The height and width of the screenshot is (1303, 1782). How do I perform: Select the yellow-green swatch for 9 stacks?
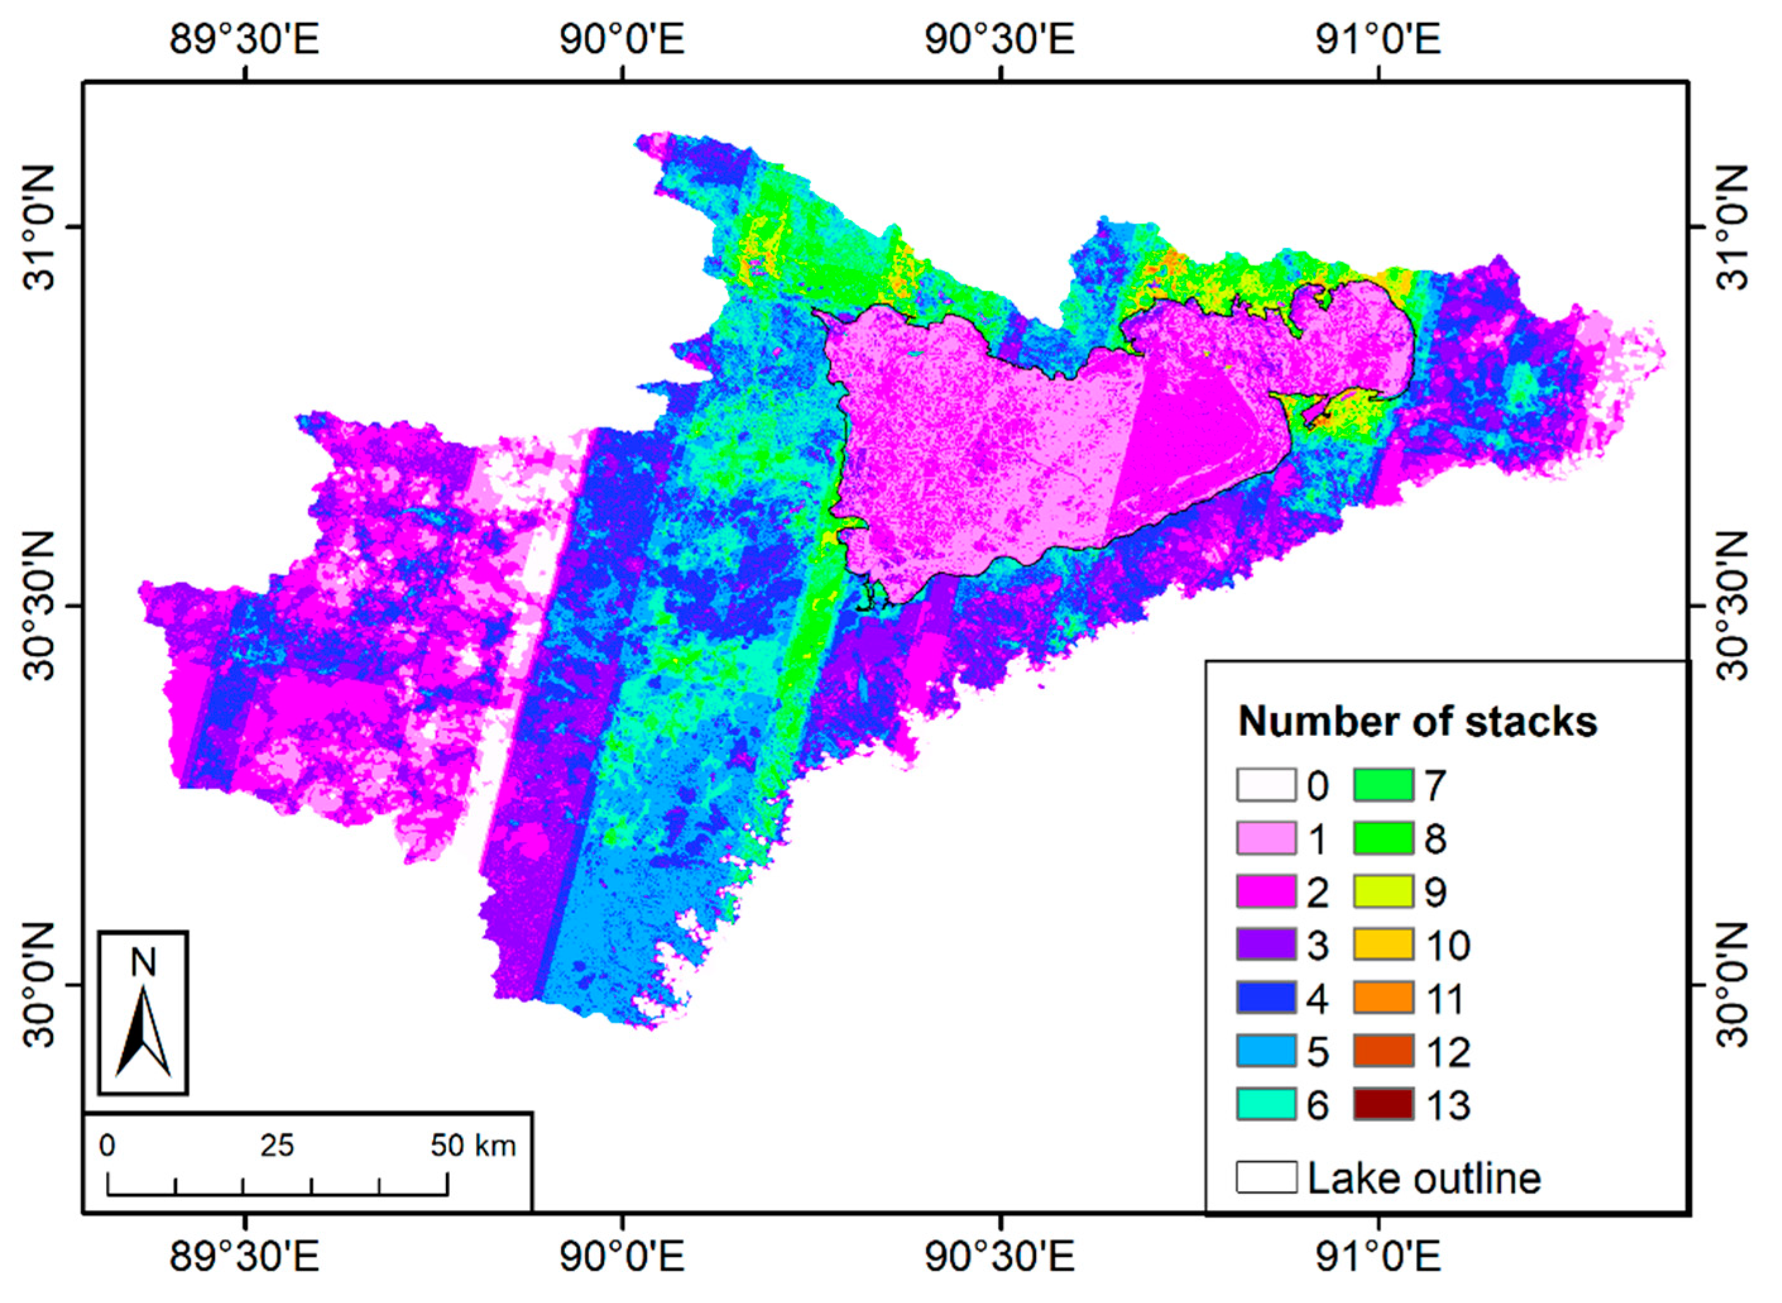tap(1383, 891)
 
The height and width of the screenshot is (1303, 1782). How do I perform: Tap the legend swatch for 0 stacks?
tap(1266, 785)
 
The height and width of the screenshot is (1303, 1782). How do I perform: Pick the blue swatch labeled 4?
tap(1266, 998)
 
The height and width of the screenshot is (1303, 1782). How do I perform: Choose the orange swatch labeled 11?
tap(1383, 998)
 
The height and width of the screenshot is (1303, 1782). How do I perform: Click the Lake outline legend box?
tap(1266, 1177)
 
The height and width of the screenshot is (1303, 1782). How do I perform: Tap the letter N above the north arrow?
tap(143, 963)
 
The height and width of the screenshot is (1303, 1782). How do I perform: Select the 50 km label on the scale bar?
tap(473, 1145)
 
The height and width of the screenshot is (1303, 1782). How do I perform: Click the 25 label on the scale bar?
tap(277, 1145)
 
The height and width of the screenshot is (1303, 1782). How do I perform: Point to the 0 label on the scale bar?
tap(107, 1145)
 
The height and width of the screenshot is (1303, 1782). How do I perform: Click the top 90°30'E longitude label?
tap(999, 39)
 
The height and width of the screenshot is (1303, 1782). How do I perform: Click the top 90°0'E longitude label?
tap(622, 39)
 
